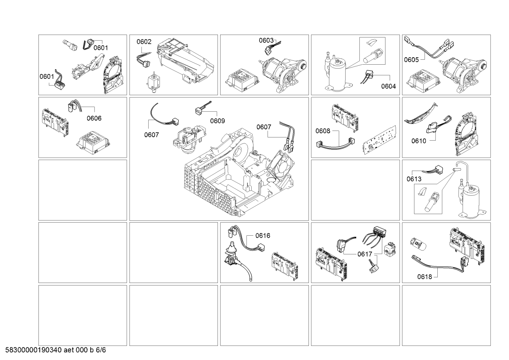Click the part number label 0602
tap(144, 42)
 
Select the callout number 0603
tap(266, 40)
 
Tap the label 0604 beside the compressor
tap(388, 86)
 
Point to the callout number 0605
tap(411, 60)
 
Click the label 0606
tap(94, 118)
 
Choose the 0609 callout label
tap(217, 121)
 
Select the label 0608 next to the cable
tap(323, 131)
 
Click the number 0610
tap(419, 141)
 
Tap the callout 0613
tap(414, 179)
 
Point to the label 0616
tap(263, 236)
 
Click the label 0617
tap(365, 254)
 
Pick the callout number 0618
tap(425, 277)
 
